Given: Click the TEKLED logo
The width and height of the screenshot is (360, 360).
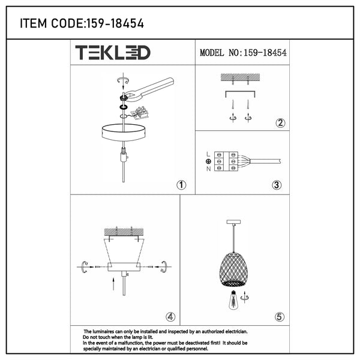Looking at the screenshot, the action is click(x=113, y=53).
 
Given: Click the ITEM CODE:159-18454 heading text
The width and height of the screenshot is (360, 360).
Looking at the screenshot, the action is click(x=82, y=23).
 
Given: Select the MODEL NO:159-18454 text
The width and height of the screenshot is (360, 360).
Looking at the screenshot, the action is click(x=243, y=53).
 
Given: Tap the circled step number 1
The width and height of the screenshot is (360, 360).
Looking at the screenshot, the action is click(x=181, y=185).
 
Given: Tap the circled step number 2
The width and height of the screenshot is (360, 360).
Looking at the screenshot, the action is click(x=280, y=123).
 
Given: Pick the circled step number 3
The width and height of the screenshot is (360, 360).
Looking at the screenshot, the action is click(x=277, y=185).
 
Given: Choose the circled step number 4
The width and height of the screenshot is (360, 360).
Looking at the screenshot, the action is click(x=170, y=317).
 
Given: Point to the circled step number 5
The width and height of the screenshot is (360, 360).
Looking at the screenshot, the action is click(x=280, y=317).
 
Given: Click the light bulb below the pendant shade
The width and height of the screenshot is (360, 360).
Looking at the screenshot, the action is click(x=233, y=300).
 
